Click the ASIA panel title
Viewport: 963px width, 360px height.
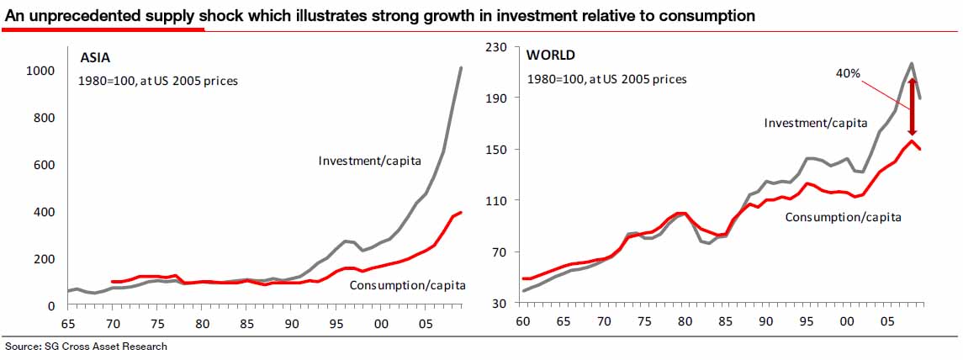[x=95, y=58]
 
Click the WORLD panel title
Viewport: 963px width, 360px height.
[x=550, y=56]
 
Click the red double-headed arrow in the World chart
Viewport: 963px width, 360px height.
[x=911, y=107]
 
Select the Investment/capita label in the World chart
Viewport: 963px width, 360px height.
[x=815, y=123]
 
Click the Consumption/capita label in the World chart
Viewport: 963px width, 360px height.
[x=843, y=217]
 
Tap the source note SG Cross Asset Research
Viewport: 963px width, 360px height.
[x=86, y=347]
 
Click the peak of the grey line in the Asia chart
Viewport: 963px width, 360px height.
[x=461, y=67]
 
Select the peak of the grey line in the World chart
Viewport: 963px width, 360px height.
[x=911, y=63]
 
